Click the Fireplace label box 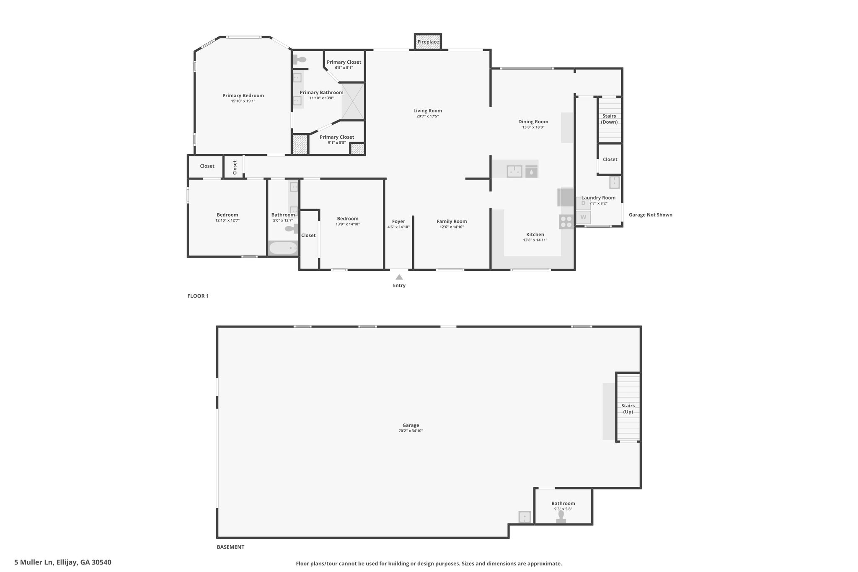[x=428, y=42]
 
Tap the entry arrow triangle [x=399, y=277]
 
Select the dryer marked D [x=583, y=203]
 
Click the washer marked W [x=583, y=217]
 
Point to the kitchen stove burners [x=566, y=222]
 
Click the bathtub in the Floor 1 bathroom [x=283, y=248]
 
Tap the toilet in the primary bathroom [x=300, y=60]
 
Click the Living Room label [x=428, y=111]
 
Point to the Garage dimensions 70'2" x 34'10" [x=411, y=431]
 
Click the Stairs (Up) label [x=628, y=409]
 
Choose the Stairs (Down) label [x=609, y=119]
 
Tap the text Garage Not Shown [x=650, y=215]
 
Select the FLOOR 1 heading [x=198, y=296]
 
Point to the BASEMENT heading [x=230, y=547]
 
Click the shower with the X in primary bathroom [x=353, y=101]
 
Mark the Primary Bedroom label [x=243, y=96]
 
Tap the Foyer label [x=398, y=222]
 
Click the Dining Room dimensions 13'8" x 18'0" [x=533, y=127]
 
